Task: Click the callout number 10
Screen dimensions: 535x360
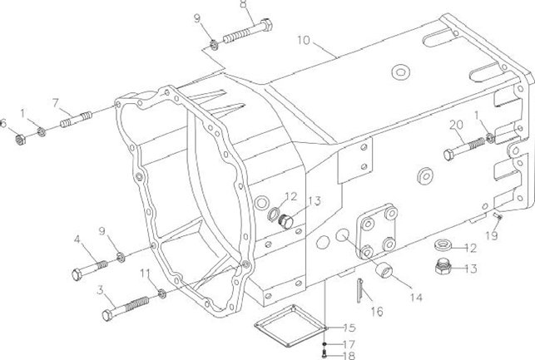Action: [x=304, y=40]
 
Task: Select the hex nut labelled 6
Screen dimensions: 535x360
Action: [x=21, y=140]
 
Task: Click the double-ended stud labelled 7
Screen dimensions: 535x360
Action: [x=76, y=119]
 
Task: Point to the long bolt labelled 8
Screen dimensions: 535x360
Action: [x=248, y=32]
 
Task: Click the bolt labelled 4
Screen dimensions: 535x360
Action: [x=90, y=269]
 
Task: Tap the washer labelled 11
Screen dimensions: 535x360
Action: [x=162, y=293]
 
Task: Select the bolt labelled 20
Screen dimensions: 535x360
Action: [x=464, y=149]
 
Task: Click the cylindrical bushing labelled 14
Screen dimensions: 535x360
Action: [x=384, y=269]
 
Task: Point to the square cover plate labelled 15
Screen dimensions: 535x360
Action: [x=291, y=326]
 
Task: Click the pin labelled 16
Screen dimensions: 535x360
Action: [x=359, y=290]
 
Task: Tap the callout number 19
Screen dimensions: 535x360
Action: [x=492, y=235]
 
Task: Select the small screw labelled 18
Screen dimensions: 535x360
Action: [x=324, y=354]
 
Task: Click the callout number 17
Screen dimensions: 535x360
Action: [x=349, y=344]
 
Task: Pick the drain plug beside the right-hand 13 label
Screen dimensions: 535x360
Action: [x=443, y=266]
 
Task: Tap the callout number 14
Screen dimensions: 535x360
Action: [x=416, y=298]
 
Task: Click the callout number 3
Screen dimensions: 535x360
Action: [x=100, y=290]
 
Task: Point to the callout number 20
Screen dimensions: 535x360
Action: [x=456, y=125]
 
